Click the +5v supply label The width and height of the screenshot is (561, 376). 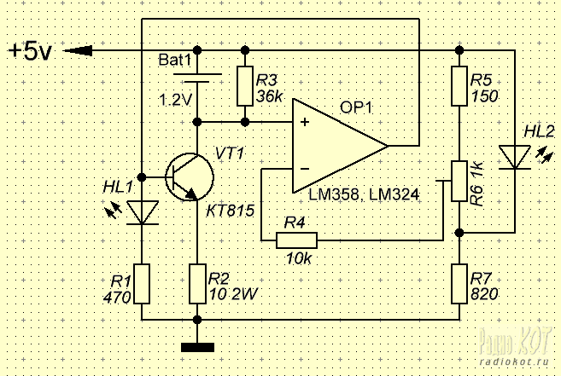[x=31, y=51]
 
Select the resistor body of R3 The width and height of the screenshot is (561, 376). [x=245, y=86]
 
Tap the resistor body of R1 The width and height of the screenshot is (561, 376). [x=142, y=284]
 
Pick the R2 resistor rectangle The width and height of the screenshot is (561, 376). [x=197, y=284]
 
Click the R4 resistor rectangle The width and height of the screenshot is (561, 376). [x=296, y=240]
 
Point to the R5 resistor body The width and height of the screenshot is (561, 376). [x=459, y=86]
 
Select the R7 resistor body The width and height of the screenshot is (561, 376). [x=459, y=284]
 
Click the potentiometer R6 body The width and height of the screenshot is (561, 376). [x=459, y=182]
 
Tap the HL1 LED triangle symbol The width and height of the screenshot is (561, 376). [x=143, y=213]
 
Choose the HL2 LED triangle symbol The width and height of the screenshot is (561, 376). [x=515, y=157]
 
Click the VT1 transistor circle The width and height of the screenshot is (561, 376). [x=190, y=176]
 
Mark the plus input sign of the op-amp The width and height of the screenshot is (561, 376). [x=305, y=122]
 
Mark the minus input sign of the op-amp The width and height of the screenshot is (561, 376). [x=305, y=169]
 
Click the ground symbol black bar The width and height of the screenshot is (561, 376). [x=197, y=347]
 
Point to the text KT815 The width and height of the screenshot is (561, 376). [x=231, y=211]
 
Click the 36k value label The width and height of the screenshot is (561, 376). [x=270, y=96]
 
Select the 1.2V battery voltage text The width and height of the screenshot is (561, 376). [x=175, y=100]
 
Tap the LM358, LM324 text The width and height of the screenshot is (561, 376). [x=364, y=194]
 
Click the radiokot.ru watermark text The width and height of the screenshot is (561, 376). [x=514, y=362]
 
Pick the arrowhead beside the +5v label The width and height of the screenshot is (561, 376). [x=78, y=51]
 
